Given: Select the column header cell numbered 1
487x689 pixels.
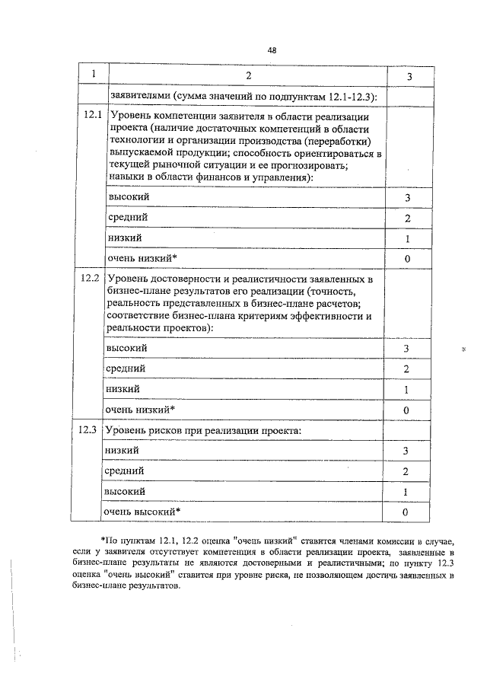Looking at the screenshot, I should coord(93,75).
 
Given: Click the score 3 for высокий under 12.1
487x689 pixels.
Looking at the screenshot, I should coord(408,198).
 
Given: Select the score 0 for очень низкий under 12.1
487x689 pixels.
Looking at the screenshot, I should coord(408,260).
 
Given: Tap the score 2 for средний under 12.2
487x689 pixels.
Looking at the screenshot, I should coord(407,369).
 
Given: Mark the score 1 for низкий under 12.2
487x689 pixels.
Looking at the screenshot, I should coord(407,390).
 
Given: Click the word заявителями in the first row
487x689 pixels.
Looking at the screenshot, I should coord(138,96).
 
